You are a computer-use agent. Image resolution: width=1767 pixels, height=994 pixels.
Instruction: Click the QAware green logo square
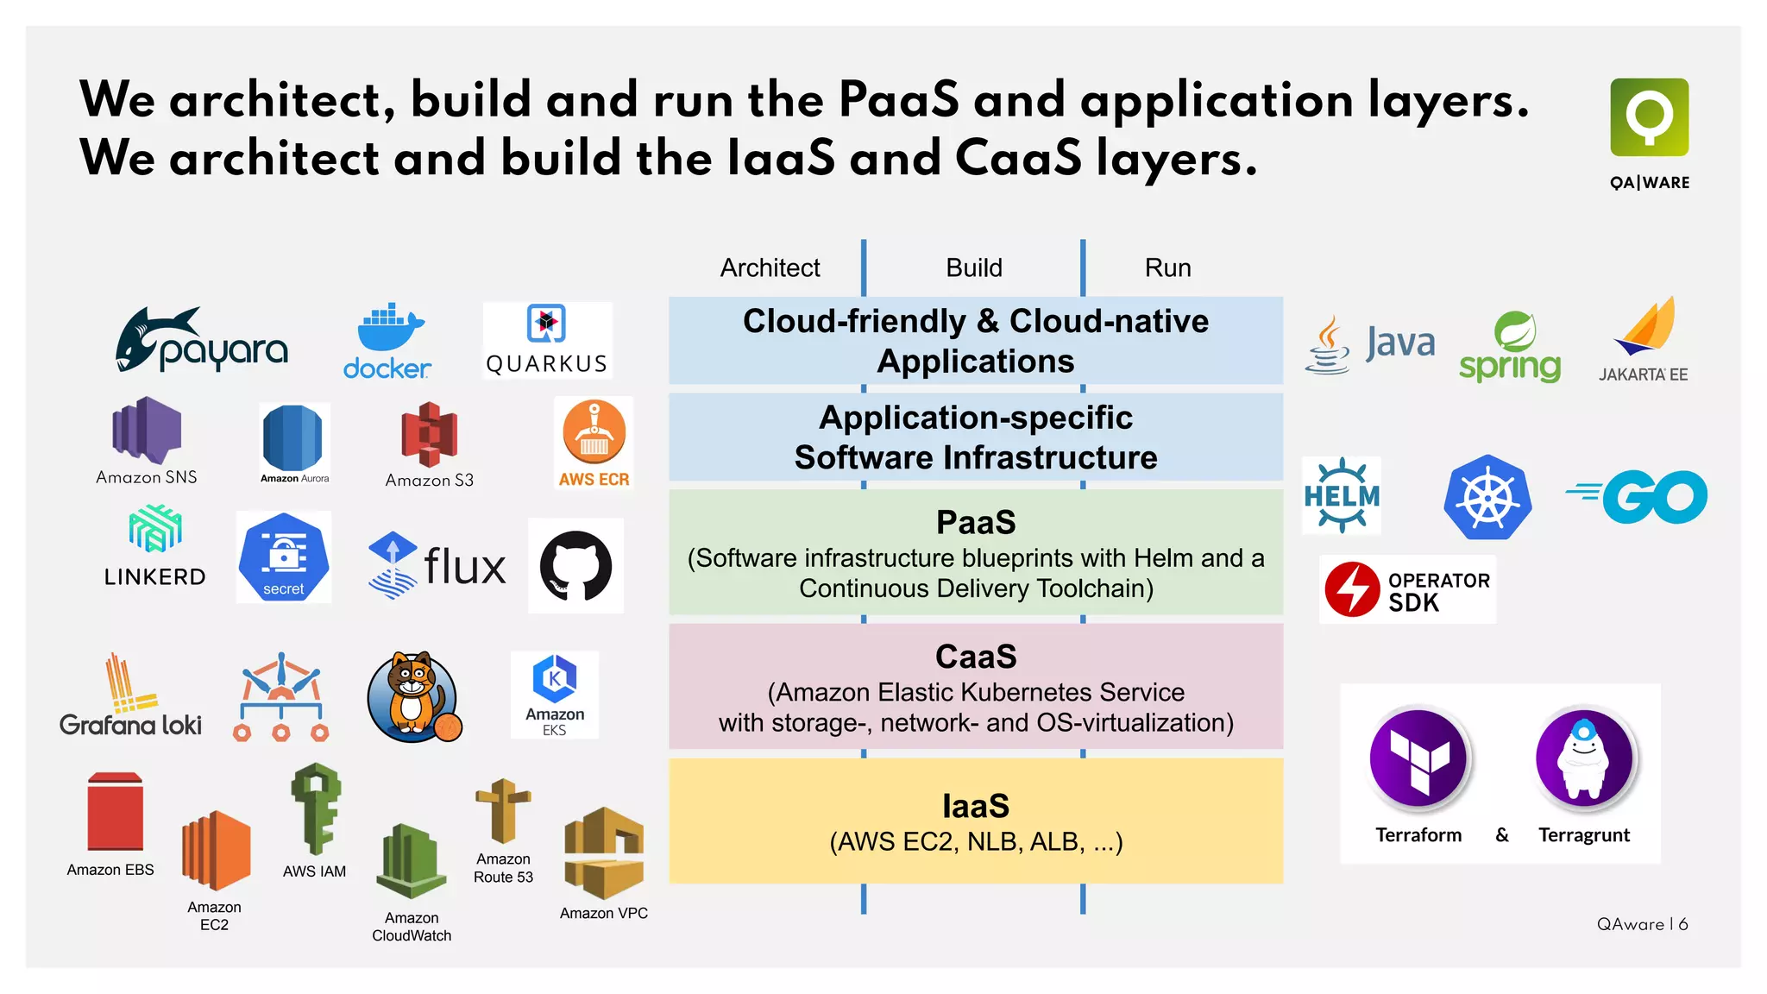pyautogui.click(x=1649, y=117)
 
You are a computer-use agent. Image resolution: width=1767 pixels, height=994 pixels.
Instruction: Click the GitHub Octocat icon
pyautogui.click(x=575, y=566)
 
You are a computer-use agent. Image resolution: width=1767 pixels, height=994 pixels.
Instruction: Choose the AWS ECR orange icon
pyautogui.click(x=594, y=431)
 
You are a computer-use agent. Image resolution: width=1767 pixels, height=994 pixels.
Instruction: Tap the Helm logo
pyautogui.click(x=1342, y=495)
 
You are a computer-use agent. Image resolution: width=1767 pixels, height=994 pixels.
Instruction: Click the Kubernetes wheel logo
pyautogui.click(x=1487, y=498)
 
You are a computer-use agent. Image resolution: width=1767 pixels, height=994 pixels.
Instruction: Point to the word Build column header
pyautogui.click(x=974, y=267)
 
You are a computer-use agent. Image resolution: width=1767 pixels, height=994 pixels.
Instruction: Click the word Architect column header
pyautogui.click(x=770, y=267)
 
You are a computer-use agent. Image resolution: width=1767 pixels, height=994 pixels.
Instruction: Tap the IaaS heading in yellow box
pyautogui.click(x=976, y=806)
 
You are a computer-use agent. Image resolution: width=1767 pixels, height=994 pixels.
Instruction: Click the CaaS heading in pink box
pyautogui.click(x=976, y=657)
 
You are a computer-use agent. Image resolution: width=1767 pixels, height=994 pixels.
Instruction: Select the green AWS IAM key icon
pyautogui.click(x=316, y=808)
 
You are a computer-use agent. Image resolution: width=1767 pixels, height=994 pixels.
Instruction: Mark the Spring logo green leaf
pyautogui.click(x=1515, y=331)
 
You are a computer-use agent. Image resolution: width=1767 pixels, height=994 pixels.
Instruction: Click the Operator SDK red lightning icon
pyautogui.click(x=1352, y=589)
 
